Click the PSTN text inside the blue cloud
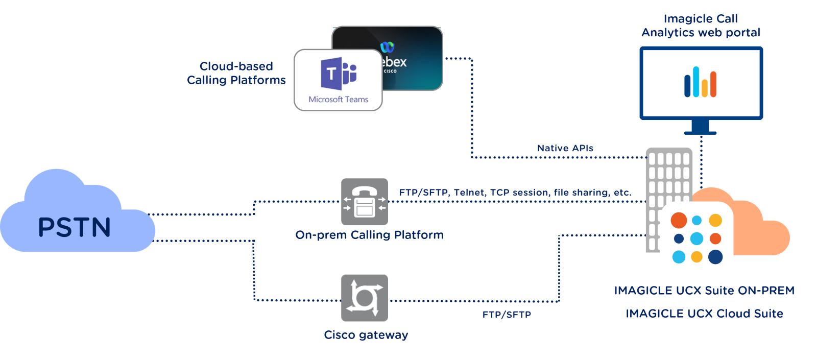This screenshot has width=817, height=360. tap(75, 227)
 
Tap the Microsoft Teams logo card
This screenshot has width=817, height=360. tap(338, 80)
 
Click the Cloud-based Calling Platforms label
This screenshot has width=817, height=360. tap(236, 73)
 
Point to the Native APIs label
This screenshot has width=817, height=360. tap(565, 148)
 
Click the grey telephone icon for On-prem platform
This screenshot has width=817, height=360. tap(365, 202)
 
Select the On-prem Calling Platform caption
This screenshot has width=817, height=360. tap(369, 235)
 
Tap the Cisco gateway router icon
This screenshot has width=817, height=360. tap(365, 298)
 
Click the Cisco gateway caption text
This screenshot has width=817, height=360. tap(366, 335)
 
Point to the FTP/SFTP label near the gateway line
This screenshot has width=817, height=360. tap(507, 315)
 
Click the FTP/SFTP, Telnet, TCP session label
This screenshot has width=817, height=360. tap(515, 193)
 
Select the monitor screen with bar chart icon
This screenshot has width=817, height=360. tap(701, 83)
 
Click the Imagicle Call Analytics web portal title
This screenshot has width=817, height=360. tap(701, 26)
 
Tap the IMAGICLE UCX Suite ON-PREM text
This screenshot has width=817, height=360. tap(704, 291)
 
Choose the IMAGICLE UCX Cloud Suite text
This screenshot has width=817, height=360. tap(704, 314)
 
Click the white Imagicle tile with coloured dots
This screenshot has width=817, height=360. tap(696, 238)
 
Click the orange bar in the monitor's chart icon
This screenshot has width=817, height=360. tap(713, 84)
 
